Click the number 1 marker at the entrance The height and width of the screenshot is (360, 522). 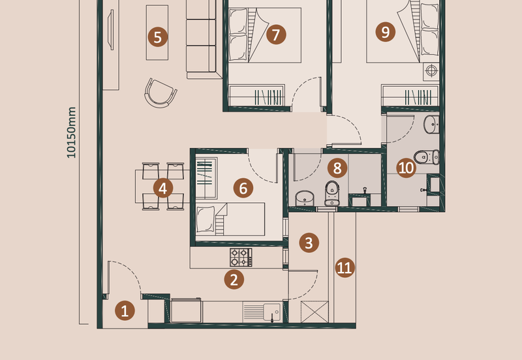click(x=125, y=310)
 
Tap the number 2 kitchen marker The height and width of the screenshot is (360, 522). click(x=234, y=279)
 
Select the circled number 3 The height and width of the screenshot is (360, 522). click(x=309, y=243)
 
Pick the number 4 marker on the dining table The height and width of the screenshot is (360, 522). click(x=162, y=188)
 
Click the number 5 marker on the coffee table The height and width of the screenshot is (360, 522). click(x=157, y=37)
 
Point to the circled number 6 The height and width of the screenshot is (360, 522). click(x=243, y=188)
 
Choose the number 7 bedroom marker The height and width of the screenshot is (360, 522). click(x=276, y=35)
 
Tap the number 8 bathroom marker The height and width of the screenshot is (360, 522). click(x=337, y=168)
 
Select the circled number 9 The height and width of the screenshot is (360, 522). click(x=386, y=32)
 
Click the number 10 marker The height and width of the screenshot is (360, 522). click(x=406, y=168)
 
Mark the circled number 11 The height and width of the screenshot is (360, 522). click(x=345, y=267)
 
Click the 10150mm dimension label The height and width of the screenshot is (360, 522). click(x=71, y=132)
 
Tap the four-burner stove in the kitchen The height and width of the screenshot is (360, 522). click(x=241, y=258)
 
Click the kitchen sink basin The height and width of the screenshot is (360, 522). click(x=271, y=312)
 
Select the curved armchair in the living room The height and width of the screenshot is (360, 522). click(x=161, y=93)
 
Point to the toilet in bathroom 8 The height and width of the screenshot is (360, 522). click(x=332, y=193)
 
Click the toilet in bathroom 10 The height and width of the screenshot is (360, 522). click(x=427, y=157)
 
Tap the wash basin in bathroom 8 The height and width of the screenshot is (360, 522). click(x=305, y=198)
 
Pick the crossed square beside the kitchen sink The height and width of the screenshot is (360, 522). click(x=315, y=312)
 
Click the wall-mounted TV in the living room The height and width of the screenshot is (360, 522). click(x=111, y=29)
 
